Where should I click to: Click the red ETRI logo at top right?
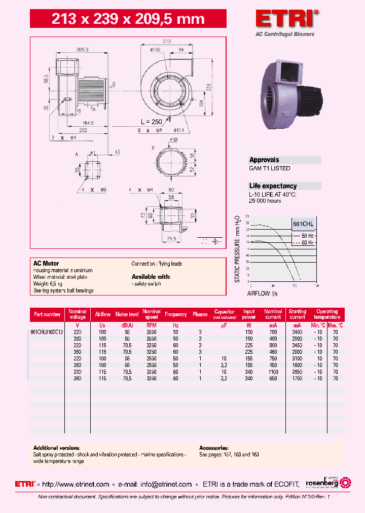pos(287,19)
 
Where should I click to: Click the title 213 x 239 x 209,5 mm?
pos(129,19)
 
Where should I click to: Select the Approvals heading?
pos(264,160)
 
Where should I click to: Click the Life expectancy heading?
pos(273,186)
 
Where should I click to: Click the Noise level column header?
pos(127,314)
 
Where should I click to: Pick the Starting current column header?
pos(298,314)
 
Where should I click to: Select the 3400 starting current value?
pos(298,332)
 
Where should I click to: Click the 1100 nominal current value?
pos(273,372)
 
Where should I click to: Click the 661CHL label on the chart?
pos(303,224)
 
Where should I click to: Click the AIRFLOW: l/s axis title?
pos(263,293)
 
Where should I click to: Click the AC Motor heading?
pos(46,264)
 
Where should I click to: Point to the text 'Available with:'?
pos(151,277)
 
